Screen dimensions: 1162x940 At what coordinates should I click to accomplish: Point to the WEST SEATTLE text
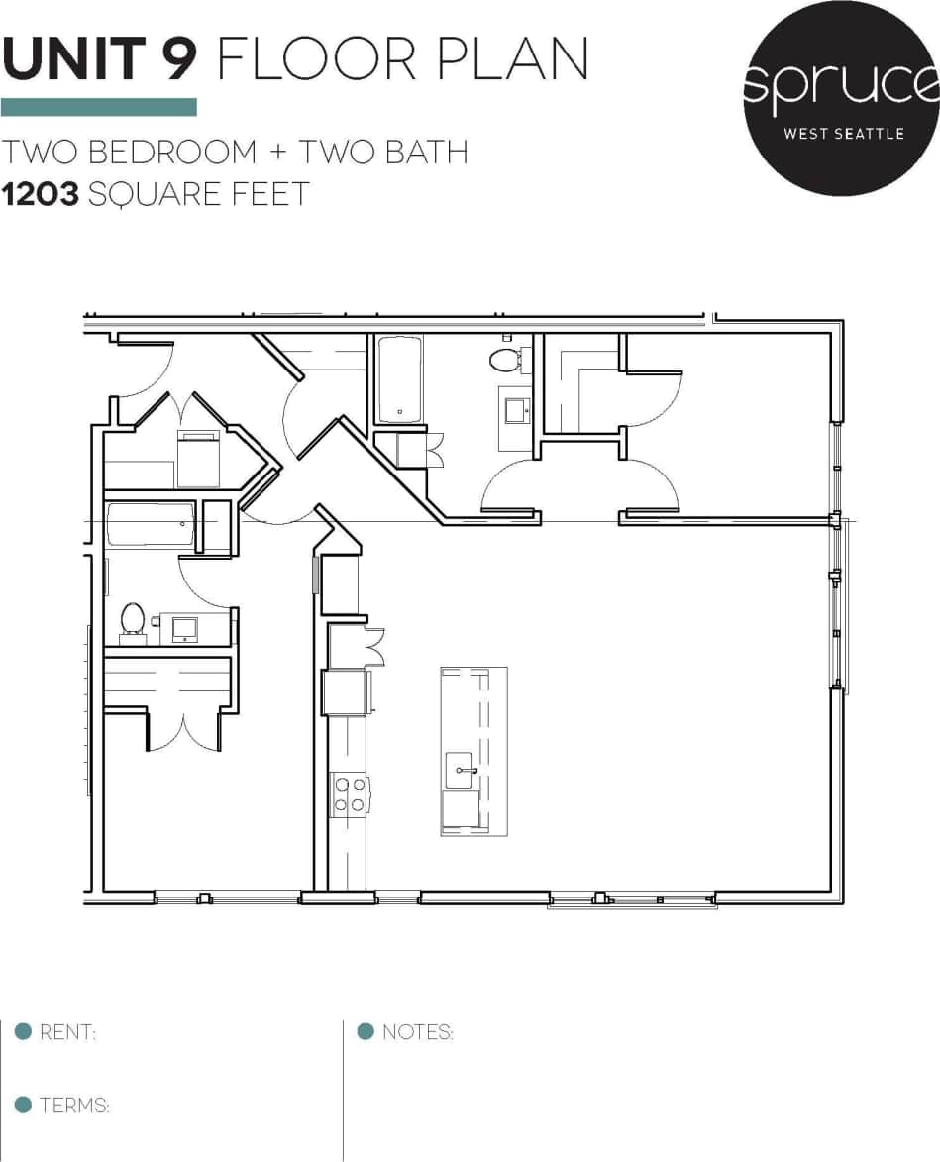(x=843, y=133)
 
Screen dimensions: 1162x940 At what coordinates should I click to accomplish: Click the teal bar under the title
(x=98, y=107)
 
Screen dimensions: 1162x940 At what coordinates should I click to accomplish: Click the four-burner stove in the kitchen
(x=349, y=793)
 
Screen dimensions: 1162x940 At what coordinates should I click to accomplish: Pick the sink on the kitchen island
(x=461, y=767)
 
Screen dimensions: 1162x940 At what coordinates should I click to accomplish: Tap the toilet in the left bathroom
(x=132, y=619)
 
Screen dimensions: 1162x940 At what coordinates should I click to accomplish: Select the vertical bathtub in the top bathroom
(x=399, y=379)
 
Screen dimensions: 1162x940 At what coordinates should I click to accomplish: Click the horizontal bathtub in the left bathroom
(x=151, y=524)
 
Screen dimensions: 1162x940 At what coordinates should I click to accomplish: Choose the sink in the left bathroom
(x=185, y=628)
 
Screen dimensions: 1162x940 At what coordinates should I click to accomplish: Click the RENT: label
(x=67, y=1033)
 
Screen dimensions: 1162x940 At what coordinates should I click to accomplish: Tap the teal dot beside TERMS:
(x=24, y=1106)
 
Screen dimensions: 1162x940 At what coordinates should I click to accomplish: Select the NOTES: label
(x=417, y=1033)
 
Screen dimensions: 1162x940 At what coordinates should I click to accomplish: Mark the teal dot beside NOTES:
(x=366, y=1032)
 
